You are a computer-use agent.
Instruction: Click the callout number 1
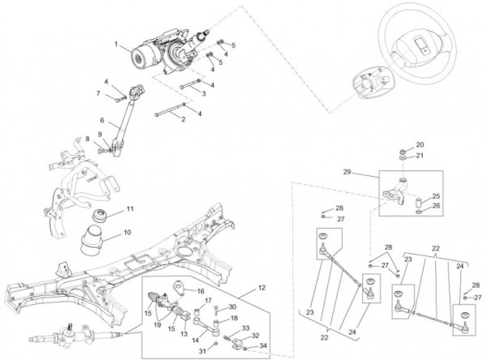117,43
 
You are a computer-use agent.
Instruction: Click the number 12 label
262,288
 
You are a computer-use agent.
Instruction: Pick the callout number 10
126,234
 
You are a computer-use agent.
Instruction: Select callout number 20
420,144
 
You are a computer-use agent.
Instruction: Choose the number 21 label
420,156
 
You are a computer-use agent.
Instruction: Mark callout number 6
102,121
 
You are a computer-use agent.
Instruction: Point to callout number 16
202,289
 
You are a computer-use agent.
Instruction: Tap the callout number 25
436,196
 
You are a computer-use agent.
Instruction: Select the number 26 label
436,206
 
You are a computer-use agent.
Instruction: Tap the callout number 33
245,328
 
